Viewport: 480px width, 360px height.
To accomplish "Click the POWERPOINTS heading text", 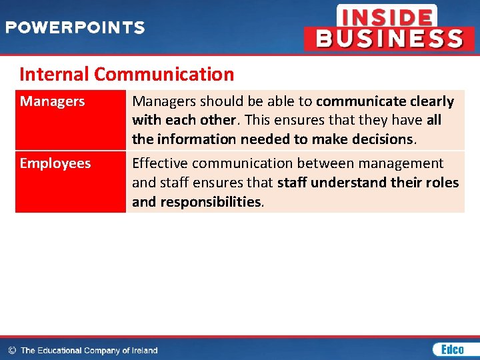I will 75,28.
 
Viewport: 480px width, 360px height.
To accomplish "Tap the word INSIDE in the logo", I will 386,17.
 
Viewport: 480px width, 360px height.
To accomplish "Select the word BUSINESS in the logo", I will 389,39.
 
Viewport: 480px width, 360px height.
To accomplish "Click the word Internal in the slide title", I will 55,74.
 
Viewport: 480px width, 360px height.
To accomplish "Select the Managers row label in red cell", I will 53,101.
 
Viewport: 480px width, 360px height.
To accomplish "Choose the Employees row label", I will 55,163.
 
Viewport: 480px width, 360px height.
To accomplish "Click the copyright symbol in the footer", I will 11,350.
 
